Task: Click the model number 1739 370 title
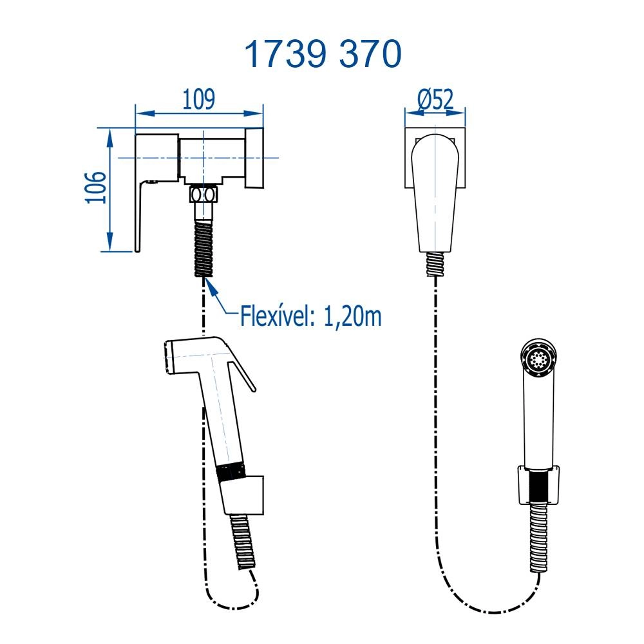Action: click(x=323, y=54)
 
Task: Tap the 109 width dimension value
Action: click(x=198, y=99)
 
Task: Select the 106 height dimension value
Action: click(x=96, y=187)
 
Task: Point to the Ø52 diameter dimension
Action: click(x=435, y=99)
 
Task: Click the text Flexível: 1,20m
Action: click(x=311, y=316)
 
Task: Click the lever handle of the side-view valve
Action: click(x=140, y=216)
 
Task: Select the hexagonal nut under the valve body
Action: click(x=204, y=194)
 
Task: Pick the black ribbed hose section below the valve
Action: click(x=204, y=248)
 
